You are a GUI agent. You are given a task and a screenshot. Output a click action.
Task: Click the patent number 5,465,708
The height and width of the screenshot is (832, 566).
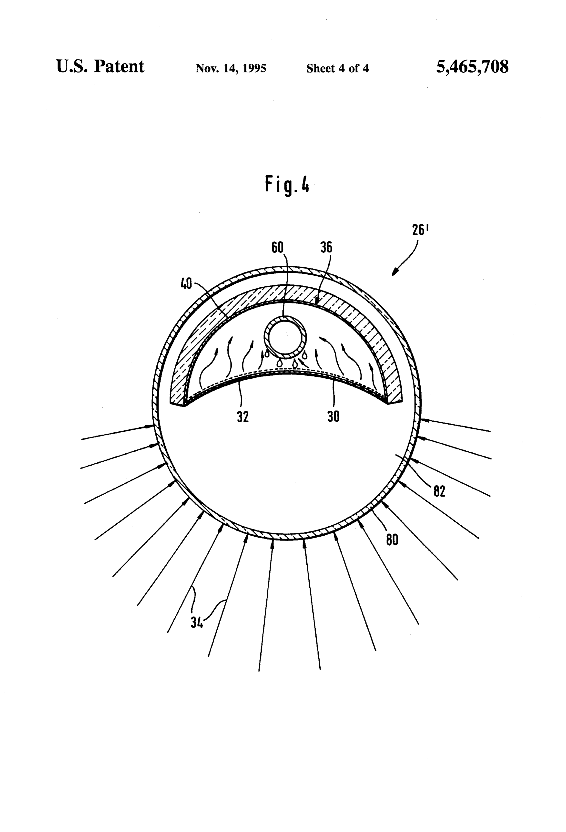pos(472,67)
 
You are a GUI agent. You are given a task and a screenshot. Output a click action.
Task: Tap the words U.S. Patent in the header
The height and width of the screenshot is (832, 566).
pos(100,67)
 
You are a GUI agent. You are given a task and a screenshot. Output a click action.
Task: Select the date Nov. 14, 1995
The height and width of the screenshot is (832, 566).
pos(231,68)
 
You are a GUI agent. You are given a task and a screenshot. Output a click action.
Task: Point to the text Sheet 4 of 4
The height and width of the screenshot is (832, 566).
pos(337,68)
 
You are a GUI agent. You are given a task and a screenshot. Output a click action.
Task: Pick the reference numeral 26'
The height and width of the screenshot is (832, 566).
pos(420,230)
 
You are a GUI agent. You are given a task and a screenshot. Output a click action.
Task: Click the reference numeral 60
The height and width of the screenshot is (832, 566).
pos(278,247)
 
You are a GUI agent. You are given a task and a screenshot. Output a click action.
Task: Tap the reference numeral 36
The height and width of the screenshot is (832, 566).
pos(326,247)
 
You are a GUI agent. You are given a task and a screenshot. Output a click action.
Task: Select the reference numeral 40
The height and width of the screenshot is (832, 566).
pos(186,284)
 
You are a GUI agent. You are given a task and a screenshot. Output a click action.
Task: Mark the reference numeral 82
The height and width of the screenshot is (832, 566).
pos(439,491)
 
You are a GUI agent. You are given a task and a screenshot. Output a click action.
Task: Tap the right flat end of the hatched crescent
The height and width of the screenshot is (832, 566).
pos(395,402)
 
